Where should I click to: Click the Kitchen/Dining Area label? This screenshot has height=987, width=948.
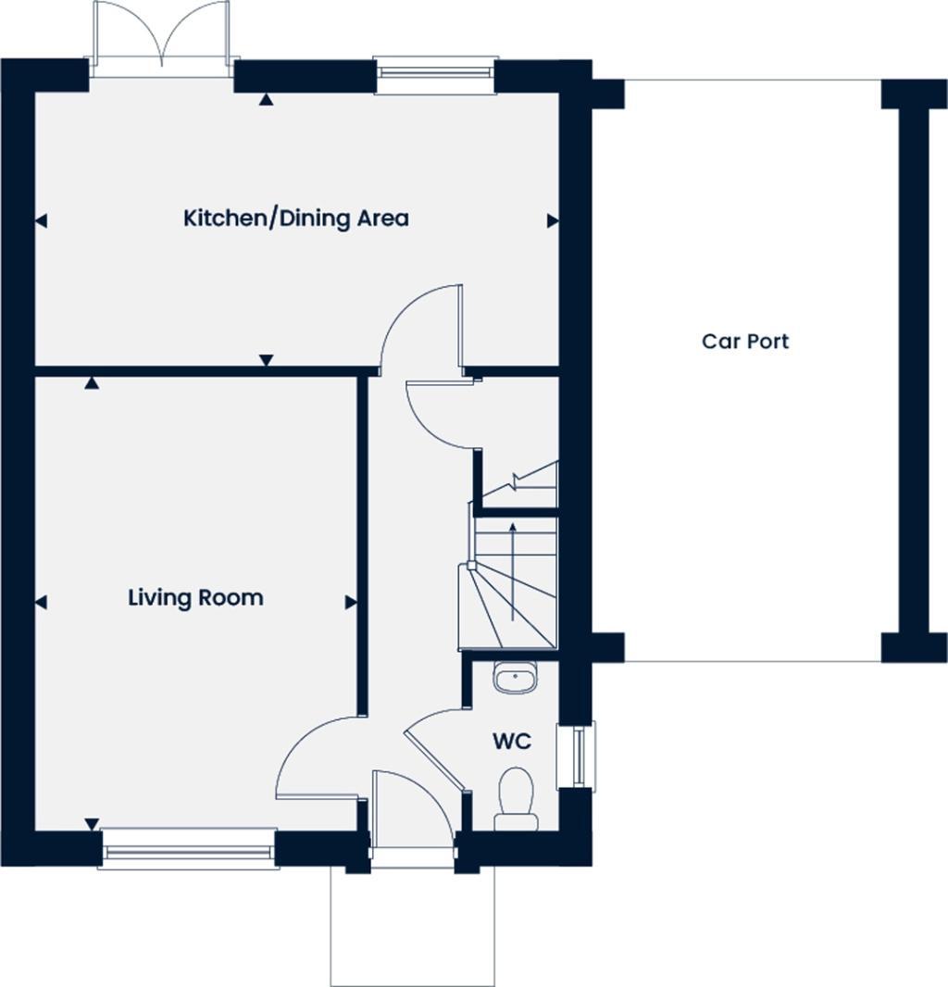[x=295, y=219]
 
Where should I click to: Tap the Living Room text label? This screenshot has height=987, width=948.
[x=195, y=597]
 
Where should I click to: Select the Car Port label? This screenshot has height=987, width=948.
[x=745, y=341]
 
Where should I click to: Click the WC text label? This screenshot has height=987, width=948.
[x=511, y=742]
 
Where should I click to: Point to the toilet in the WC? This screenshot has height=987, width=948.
[x=516, y=798]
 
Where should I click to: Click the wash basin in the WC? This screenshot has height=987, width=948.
[x=514, y=678]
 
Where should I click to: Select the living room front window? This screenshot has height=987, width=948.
[x=189, y=847]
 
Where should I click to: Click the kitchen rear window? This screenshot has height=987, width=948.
[x=435, y=76]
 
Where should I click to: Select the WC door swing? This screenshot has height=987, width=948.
[x=435, y=745]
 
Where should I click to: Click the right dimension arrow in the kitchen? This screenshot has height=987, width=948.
[x=552, y=220]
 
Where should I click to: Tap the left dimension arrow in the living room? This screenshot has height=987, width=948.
[x=41, y=603]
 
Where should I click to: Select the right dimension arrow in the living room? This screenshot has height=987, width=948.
[x=351, y=603]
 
